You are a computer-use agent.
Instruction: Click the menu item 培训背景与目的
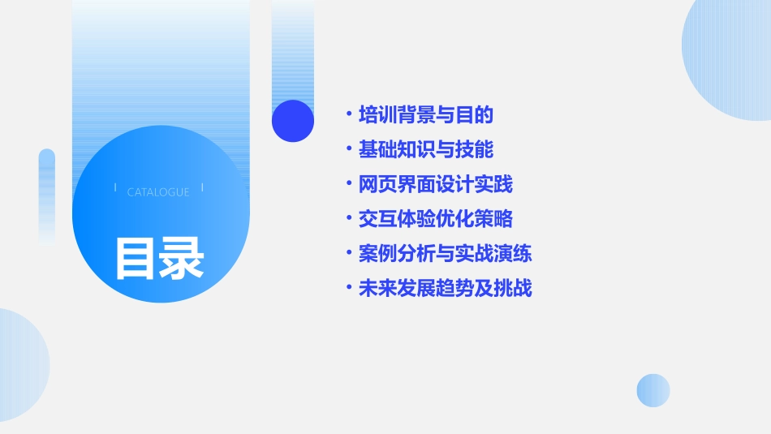426,115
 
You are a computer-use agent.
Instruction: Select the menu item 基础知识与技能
426,150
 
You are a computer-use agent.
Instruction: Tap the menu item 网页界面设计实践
436,185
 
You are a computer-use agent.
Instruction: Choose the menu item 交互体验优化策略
436,219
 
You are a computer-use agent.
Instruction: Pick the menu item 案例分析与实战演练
446,254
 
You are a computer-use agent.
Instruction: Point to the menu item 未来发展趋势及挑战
446,289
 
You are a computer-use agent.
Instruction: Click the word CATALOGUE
158,192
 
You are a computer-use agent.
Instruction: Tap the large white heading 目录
159,258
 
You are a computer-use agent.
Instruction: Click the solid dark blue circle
293,121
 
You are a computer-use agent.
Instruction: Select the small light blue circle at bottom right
653,390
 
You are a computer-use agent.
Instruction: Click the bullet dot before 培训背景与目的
348,114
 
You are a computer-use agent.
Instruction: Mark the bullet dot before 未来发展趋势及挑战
348,288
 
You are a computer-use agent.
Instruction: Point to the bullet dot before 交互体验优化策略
348,219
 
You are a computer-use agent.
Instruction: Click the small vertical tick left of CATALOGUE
115,187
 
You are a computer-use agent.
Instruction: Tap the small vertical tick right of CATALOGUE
202,187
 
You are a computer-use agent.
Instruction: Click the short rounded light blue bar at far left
47,195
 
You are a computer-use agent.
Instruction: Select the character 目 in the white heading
136,258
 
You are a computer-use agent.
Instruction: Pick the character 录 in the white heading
182,258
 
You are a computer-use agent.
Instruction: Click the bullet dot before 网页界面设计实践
348,184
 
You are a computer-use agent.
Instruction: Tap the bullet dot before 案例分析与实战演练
348,253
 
